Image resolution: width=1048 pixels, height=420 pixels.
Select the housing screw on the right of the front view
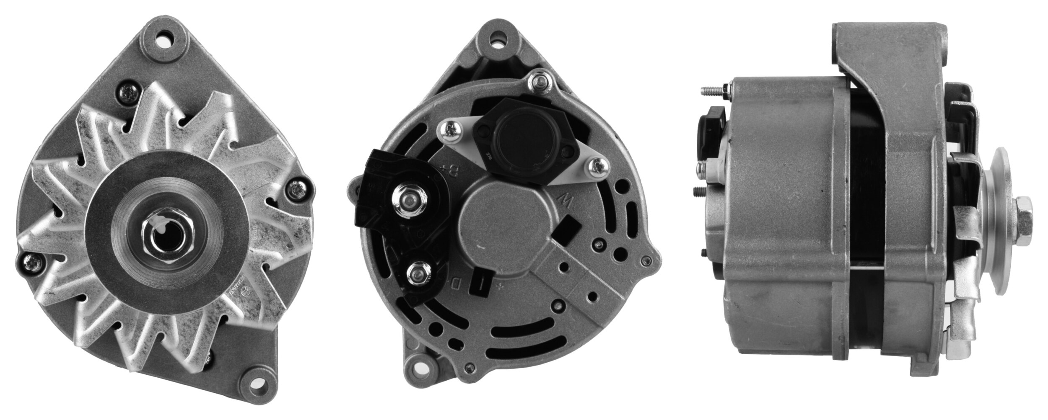click(298, 189)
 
